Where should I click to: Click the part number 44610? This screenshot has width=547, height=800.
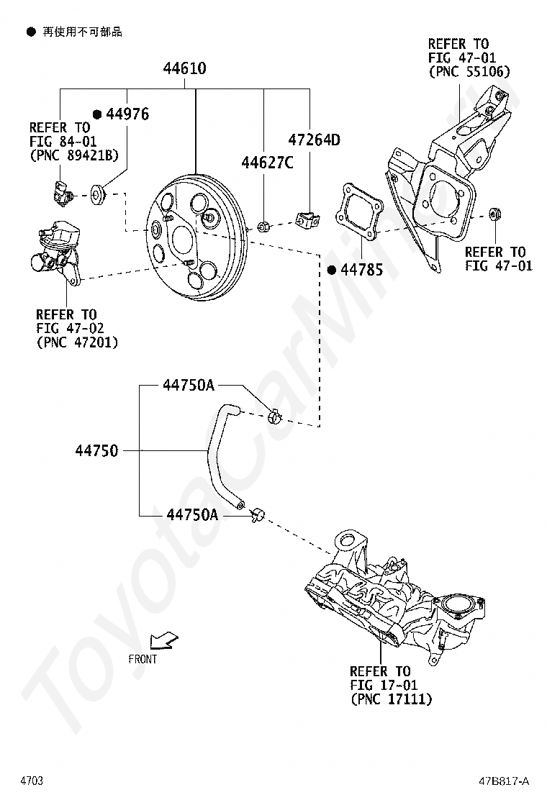point(185,68)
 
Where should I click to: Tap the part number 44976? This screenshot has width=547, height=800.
point(127,114)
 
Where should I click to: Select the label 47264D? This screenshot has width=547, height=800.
point(315,140)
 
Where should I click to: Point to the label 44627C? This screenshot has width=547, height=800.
point(267,163)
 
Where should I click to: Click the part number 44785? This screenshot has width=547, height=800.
point(362,269)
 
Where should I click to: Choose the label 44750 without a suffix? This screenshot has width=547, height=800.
point(96,450)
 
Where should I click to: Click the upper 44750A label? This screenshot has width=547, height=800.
point(189,385)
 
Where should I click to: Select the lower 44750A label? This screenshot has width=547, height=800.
point(192,515)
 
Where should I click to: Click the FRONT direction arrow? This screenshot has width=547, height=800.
point(164,641)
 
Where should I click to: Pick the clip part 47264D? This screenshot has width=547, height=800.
point(308,219)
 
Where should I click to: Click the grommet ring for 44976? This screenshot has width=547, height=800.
point(97,194)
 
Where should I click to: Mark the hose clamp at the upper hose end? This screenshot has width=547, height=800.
point(274,417)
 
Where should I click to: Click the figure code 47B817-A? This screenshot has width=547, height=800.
point(504,781)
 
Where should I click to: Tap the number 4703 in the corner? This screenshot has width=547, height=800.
point(32,781)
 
